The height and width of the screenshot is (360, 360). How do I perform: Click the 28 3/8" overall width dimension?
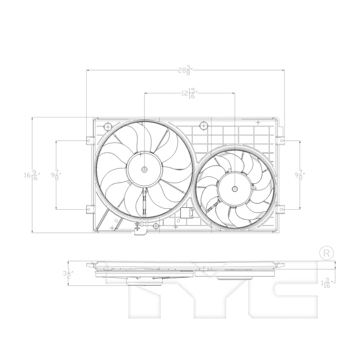[185, 70]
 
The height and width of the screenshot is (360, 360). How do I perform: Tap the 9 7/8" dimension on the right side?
[300, 175]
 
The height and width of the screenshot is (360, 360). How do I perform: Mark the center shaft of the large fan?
[144, 169]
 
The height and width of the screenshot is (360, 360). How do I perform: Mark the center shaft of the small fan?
[234, 189]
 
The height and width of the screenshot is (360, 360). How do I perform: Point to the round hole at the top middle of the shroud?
[204, 125]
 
